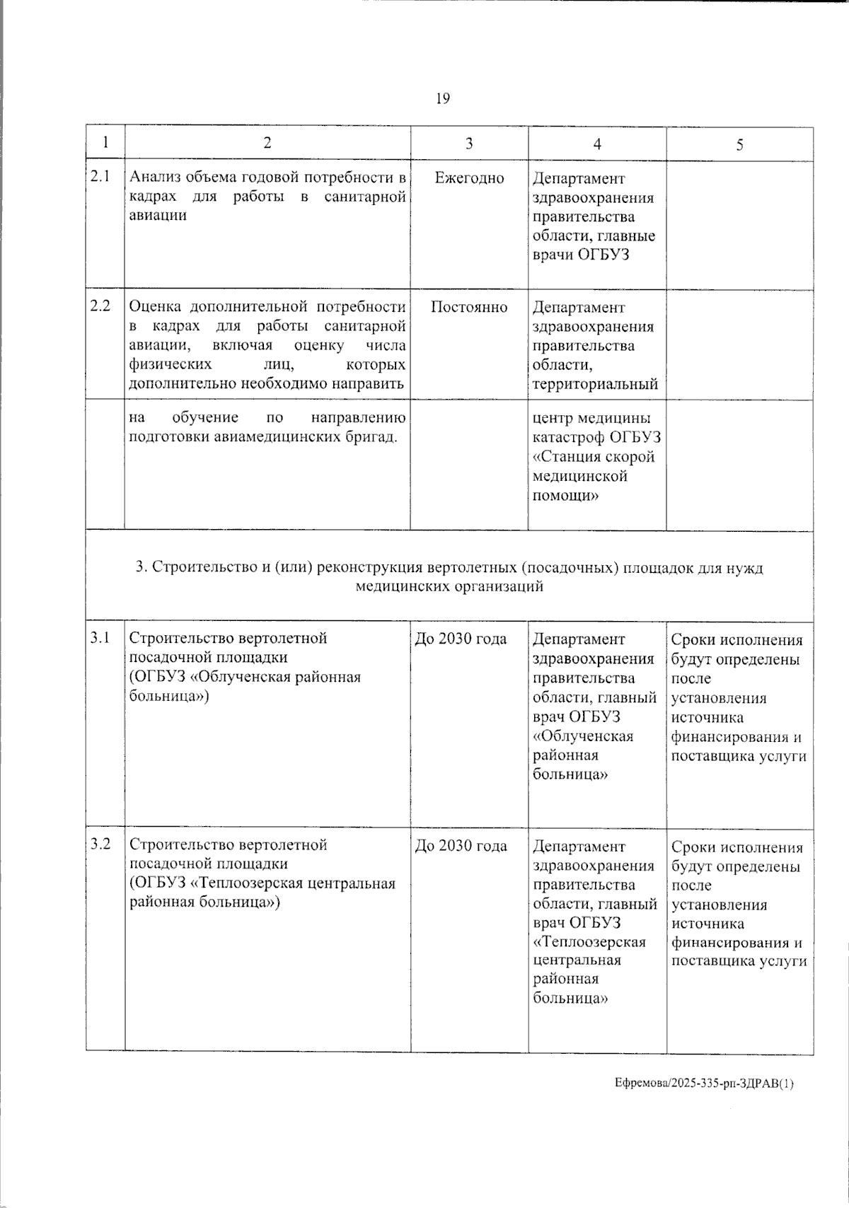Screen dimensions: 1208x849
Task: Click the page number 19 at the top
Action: tap(443, 98)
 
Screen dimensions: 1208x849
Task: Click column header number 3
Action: tap(469, 144)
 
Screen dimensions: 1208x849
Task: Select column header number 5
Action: tap(739, 145)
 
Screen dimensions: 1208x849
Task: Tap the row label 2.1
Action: tap(100, 177)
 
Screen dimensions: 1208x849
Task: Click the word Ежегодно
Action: tap(469, 178)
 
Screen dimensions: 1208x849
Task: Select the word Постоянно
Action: tap(469, 307)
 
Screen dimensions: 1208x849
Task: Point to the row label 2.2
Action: tap(100, 306)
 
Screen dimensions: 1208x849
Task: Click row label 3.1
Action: tap(100, 637)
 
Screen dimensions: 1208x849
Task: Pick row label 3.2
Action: tap(100, 844)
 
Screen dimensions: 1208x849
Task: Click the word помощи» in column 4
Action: tap(565, 496)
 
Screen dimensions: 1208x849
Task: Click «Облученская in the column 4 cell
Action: tap(583, 736)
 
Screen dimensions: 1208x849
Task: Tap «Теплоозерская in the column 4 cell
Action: tap(589, 942)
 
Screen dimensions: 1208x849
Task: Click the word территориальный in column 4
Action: tap(595, 384)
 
